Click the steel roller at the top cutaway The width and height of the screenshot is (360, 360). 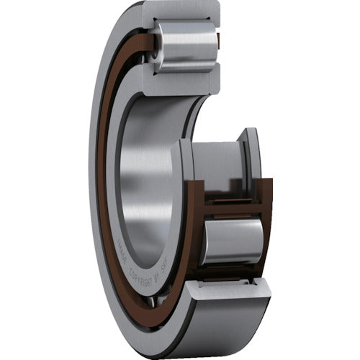coord(186,45)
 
